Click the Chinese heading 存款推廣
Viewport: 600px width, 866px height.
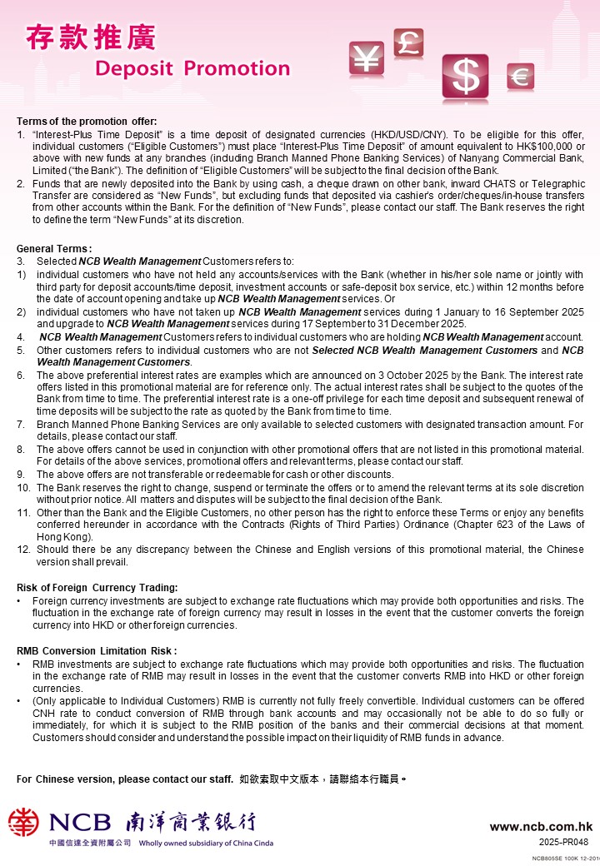point(91,37)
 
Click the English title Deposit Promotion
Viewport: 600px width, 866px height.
point(192,68)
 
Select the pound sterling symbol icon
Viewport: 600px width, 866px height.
point(408,42)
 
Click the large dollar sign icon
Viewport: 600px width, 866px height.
point(465,77)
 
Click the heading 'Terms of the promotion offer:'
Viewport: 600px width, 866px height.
point(87,122)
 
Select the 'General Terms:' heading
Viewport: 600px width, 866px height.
point(54,249)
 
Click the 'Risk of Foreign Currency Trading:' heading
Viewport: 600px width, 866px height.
point(97,589)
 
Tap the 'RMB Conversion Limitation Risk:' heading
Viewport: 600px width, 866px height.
point(97,650)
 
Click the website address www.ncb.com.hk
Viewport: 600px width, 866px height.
point(541,827)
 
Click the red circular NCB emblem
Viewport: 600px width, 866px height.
point(24,823)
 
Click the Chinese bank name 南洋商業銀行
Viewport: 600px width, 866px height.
point(191,823)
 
